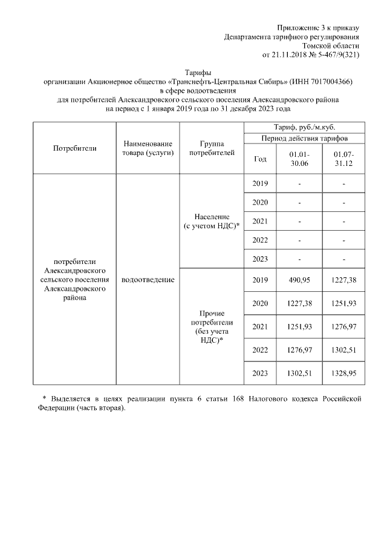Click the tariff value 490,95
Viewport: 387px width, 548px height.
click(x=300, y=280)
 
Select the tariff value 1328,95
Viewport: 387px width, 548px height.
click(x=343, y=374)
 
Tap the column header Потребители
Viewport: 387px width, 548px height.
click(x=75, y=148)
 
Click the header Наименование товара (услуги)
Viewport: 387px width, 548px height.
click(x=148, y=148)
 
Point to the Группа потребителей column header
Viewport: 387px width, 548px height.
click(x=212, y=148)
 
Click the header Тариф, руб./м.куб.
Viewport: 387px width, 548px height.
click(x=304, y=127)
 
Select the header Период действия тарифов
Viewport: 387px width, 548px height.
click(x=304, y=139)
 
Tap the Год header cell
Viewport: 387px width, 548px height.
click(x=260, y=159)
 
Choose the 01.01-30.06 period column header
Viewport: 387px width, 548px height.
click(x=300, y=159)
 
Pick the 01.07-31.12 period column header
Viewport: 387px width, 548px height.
click(x=343, y=159)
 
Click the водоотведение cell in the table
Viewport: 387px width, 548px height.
click(x=148, y=280)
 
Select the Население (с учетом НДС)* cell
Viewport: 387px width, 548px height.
click(x=212, y=221)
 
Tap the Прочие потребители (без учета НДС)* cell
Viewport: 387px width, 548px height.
click(x=212, y=327)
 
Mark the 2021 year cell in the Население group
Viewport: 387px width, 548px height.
click(x=260, y=221)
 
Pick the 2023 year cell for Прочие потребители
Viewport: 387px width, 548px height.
click(x=260, y=374)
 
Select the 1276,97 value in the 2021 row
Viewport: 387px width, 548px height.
click(x=343, y=327)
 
